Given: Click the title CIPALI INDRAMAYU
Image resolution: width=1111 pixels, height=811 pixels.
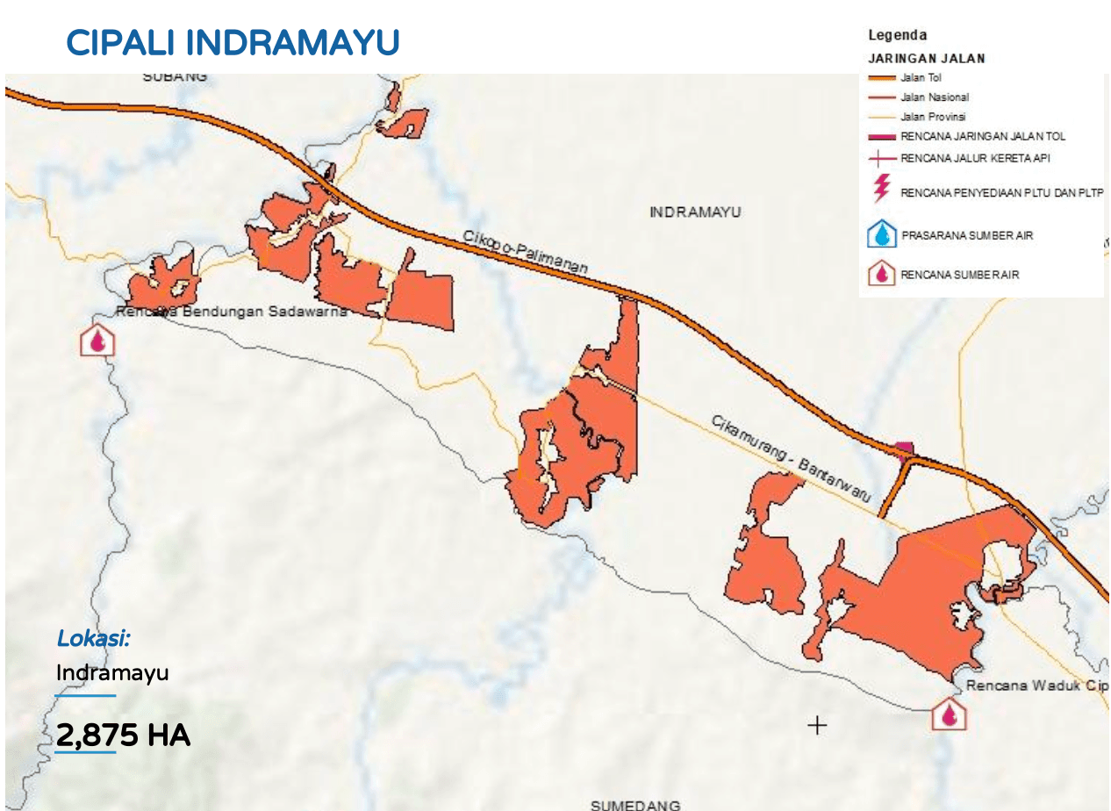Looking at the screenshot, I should (233, 42).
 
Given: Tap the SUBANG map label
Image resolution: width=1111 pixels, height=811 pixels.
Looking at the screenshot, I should (176, 76).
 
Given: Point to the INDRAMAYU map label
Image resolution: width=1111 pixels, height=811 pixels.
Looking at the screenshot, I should (695, 212).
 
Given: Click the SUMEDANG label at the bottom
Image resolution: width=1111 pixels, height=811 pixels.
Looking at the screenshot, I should (635, 804).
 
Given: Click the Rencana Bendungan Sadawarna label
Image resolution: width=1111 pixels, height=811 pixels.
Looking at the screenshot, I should (232, 312).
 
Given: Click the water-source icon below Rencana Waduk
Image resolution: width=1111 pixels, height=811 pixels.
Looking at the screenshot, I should (949, 714).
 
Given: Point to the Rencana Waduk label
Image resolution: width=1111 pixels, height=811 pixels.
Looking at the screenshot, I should (1036, 685).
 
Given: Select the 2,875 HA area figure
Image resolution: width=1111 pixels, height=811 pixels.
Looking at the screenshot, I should (123, 735).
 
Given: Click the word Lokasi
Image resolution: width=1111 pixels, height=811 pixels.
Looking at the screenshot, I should (93, 639).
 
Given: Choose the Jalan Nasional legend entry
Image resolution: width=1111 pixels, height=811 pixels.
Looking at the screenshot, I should (935, 97).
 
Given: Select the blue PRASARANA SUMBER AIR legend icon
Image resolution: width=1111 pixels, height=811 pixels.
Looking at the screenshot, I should (881, 235).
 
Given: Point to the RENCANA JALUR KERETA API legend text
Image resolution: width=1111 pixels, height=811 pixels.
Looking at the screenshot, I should (975, 159).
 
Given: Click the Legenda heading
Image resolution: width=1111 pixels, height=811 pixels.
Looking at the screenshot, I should (897, 35).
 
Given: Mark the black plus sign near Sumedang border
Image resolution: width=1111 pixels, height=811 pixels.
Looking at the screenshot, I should (817, 725).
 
